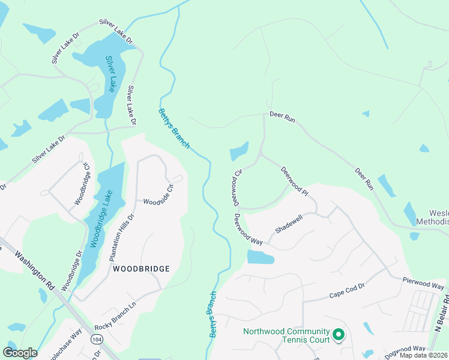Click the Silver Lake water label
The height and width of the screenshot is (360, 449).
110,74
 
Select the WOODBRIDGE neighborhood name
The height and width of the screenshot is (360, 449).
141,269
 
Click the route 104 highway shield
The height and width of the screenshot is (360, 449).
95,340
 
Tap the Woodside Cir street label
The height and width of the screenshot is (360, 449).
158,195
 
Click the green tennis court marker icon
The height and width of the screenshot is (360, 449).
338,334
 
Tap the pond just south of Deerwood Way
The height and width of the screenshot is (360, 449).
261,257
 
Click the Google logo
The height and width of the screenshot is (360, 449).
20,352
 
